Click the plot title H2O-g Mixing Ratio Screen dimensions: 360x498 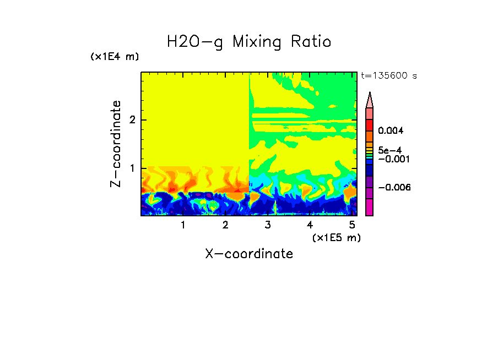click(249, 42)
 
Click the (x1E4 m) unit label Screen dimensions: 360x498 click(115, 57)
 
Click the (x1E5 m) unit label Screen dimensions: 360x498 click(336, 237)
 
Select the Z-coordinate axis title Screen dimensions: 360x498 click(116, 144)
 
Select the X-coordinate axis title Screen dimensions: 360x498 click(249, 254)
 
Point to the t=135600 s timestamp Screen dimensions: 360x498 click(388, 76)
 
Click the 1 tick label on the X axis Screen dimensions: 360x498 click(183, 225)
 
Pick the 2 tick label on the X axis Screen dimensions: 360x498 click(225, 225)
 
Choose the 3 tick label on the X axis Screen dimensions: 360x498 click(267, 225)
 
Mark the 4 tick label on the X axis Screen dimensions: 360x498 click(310, 225)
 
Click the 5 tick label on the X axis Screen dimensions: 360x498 click(351, 225)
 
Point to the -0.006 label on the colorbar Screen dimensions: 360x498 click(394, 188)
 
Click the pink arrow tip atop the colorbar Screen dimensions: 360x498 click(370, 100)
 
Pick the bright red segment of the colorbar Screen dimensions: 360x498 click(370, 124)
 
